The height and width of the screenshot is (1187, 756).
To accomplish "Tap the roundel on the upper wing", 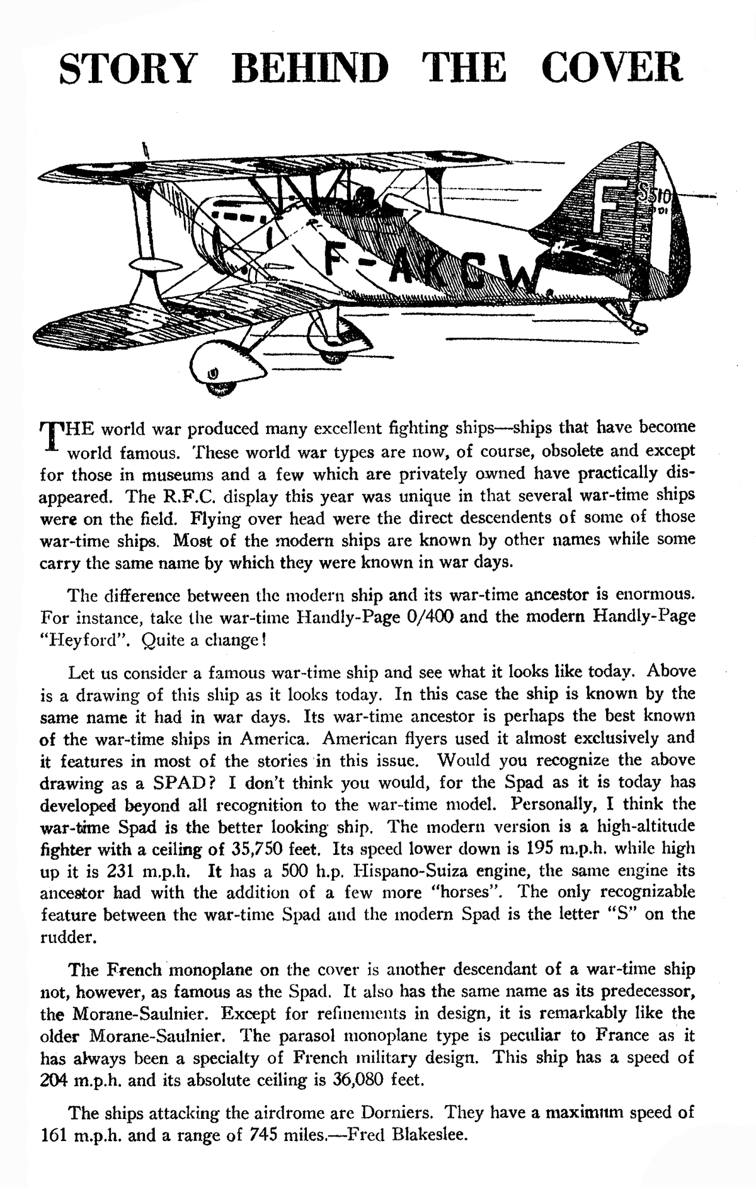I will [x=84, y=168].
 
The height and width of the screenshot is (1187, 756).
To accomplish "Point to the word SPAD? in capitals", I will [x=178, y=783].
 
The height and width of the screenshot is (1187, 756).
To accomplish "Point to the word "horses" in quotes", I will [x=456, y=893].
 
